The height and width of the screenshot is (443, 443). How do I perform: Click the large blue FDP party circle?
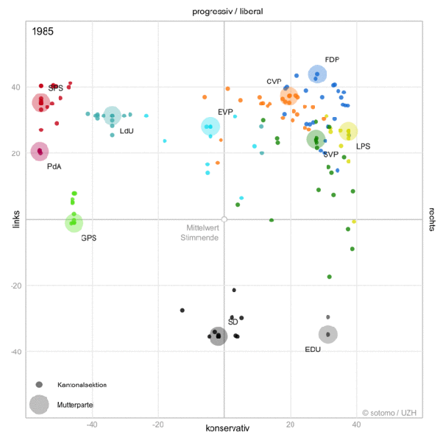[x=317, y=74]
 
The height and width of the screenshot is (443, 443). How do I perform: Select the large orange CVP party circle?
[x=289, y=96]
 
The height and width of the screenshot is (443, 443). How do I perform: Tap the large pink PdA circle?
[x=40, y=152]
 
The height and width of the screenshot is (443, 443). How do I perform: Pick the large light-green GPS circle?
[x=74, y=223]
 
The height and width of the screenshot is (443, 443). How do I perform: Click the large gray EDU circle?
[x=327, y=334]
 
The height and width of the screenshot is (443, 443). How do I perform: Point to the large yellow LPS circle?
[x=348, y=131]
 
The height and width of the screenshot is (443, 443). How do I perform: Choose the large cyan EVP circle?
[x=210, y=127]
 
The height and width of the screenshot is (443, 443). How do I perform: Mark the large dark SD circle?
[x=218, y=336]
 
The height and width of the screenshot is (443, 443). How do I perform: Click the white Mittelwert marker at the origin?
[x=224, y=219]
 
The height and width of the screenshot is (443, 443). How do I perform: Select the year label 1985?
[x=43, y=32]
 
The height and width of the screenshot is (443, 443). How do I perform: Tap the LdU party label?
[x=127, y=131]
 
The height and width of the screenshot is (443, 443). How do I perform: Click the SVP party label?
[x=331, y=155]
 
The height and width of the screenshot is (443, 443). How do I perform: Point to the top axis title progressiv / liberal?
[x=227, y=12]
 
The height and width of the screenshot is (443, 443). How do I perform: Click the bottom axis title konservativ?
[x=227, y=428]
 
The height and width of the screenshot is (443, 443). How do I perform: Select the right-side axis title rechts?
[x=432, y=219]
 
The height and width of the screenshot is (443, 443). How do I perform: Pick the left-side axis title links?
[x=16, y=219]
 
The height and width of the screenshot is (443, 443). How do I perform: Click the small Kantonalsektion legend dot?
[x=39, y=385]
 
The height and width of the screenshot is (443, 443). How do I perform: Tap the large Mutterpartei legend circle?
[x=39, y=405]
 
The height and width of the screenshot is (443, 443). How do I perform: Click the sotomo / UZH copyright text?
[x=389, y=413]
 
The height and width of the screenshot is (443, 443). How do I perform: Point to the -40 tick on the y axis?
[x=16, y=352]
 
